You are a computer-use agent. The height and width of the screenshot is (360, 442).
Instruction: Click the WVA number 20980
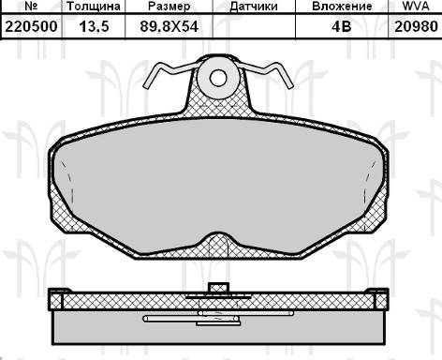coord(414,28)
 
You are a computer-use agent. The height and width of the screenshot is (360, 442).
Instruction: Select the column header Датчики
coord(254,7)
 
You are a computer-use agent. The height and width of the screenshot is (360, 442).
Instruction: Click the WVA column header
coord(414,7)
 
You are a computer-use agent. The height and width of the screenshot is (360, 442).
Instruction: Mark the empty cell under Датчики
coord(254,28)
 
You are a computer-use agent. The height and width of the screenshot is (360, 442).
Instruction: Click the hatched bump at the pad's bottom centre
coord(221,246)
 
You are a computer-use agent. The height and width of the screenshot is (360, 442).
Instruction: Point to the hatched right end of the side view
coord(381,301)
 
